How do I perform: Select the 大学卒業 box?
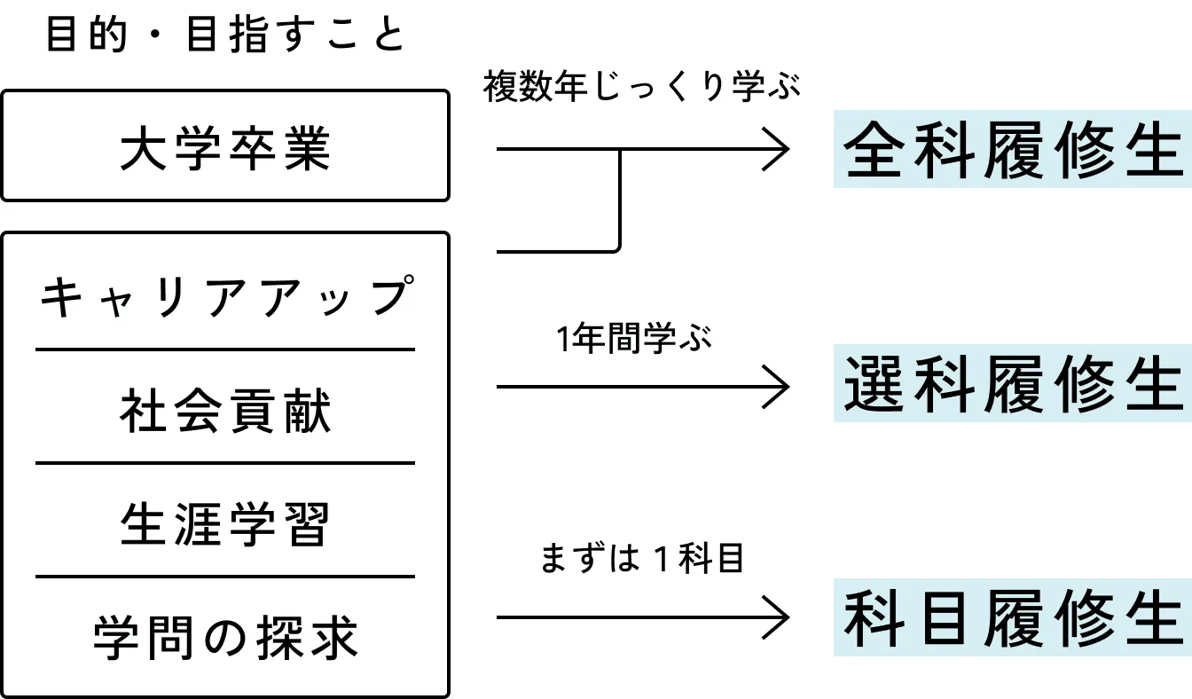225,146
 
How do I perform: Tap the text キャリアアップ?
225,297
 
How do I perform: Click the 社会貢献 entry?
225,412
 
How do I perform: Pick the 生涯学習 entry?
225,524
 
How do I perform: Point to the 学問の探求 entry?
225,637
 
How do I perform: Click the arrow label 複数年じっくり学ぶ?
642,90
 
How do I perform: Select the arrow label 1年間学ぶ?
634,340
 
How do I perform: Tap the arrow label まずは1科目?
641,560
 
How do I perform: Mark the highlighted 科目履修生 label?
1012,617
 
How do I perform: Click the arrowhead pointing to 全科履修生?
780,150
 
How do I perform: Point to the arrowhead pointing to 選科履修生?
780,387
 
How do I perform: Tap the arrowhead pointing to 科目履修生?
780,617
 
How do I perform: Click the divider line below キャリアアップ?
225,349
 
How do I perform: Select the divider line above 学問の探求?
225,577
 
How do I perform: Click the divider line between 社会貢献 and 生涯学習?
225,463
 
